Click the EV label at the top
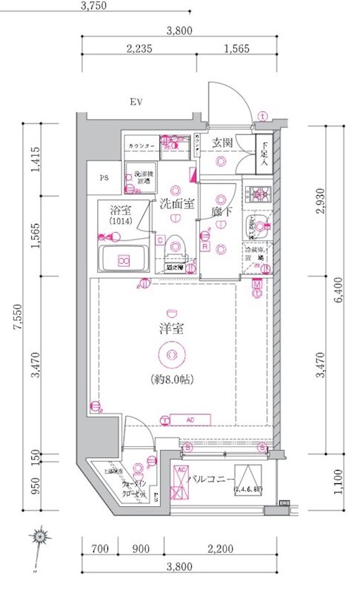pos(137,102)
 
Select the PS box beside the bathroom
pos(104,178)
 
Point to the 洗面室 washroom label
pos(175,204)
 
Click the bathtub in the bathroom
pos(124,259)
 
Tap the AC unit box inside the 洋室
pos(190,420)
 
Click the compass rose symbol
pos(41,535)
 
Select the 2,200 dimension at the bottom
pos(220,549)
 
